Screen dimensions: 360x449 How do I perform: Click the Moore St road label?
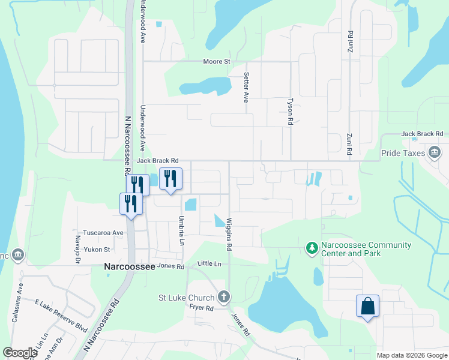(x=217, y=61)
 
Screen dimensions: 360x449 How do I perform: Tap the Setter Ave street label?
(x=246, y=88)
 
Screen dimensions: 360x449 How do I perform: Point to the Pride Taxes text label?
(x=403, y=153)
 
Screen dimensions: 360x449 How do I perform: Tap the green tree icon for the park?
(x=312, y=248)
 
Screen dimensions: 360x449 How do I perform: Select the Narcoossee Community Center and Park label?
(x=366, y=249)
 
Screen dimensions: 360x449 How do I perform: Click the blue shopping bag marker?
(x=367, y=307)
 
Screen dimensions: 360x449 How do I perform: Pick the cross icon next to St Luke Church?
(x=224, y=296)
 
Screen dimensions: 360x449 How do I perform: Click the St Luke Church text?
(x=186, y=298)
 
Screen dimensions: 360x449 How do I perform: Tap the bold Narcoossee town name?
(x=130, y=266)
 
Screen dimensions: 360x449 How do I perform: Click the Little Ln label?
(x=209, y=264)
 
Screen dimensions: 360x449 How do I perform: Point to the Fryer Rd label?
(x=202, y=308)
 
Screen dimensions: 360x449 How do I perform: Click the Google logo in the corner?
(x=20, y=353)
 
